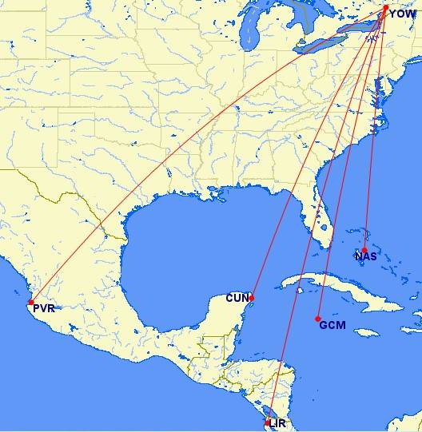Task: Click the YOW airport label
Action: coord(402,14)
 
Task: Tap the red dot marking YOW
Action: coord(386,8)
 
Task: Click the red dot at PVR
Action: coord(30,302)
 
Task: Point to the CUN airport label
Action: coord(237,298)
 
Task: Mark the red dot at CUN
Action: coord(252,298)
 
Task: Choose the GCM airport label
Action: coord(332,324)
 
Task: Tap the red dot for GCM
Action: coord(318,319)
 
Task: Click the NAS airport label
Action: coord(366,256)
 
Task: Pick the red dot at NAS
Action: coord(364,250)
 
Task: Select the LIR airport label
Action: coord(277,423)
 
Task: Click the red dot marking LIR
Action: coord(267,422)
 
